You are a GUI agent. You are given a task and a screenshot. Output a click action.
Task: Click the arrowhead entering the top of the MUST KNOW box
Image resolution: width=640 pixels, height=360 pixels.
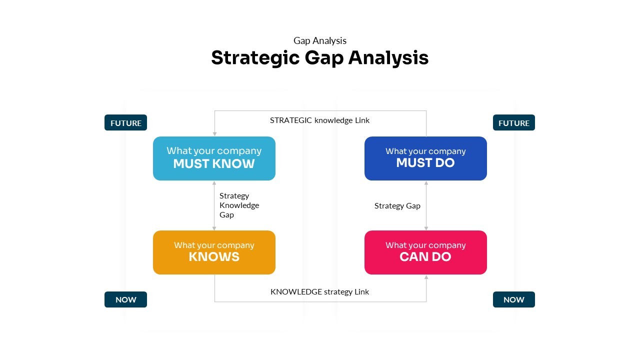point(214,134)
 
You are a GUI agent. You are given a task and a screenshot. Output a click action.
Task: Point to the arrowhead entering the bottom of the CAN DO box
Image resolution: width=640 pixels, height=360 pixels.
point(426,277)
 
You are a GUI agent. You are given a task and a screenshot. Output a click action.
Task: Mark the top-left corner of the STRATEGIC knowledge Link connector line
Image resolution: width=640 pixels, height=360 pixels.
point(214,111)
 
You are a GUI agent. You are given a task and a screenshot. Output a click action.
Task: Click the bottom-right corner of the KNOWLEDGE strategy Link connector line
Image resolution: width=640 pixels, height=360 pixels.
point(426,301)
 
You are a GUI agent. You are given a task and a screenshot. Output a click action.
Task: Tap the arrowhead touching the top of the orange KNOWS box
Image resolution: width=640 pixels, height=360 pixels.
point(214,228)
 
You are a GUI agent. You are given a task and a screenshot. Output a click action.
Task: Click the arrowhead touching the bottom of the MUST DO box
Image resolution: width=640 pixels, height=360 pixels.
point(426,183)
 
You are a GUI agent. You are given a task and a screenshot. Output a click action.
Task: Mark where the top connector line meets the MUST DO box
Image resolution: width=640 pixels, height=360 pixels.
point(426,136)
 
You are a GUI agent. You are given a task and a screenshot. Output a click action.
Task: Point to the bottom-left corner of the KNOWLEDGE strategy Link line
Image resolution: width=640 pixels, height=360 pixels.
point(214,301)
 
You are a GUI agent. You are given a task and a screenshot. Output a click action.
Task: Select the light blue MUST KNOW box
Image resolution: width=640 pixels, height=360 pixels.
point(214,158)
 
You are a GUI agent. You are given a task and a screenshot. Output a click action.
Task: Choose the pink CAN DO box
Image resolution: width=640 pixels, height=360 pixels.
point(425,252)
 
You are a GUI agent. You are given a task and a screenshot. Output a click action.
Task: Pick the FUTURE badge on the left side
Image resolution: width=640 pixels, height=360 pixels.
point(125,122)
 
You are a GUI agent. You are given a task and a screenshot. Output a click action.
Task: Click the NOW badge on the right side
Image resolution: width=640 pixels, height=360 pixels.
point(514,299)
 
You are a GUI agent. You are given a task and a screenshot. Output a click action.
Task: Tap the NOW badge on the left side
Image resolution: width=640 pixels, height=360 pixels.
point(125,299)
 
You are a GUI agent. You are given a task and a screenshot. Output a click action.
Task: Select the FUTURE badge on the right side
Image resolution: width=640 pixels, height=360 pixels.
point(514,122)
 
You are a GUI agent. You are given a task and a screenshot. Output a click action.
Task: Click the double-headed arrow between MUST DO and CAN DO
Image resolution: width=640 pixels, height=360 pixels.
point(426,205)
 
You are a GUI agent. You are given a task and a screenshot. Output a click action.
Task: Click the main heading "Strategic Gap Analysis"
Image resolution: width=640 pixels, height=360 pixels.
point(320,58)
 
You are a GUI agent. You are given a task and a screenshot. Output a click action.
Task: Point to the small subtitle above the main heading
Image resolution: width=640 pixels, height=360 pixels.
point(320,40)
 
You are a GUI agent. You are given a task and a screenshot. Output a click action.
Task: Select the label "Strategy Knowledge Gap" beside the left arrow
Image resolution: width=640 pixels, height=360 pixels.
point(239,205)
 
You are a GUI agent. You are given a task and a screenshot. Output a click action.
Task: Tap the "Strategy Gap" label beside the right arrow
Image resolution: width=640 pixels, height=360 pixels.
point(397,205)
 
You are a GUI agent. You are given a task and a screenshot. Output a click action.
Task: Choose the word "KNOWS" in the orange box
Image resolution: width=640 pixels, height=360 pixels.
point(214,257)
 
